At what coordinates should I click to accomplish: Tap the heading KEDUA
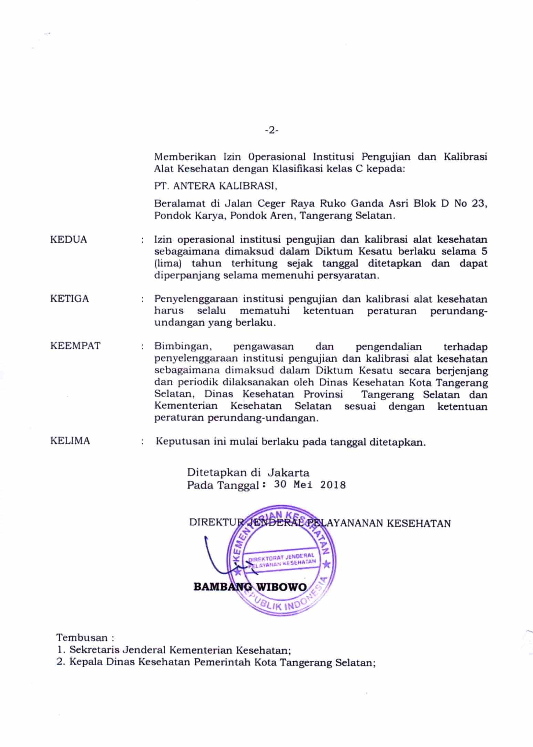(69, 240)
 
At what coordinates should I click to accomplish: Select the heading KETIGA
(70, 299)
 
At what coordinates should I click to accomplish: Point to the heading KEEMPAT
(75, 346)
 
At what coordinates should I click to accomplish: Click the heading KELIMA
(70, 441)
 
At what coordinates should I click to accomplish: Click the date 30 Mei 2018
(310, 485)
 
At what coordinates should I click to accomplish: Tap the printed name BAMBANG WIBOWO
(250, 587)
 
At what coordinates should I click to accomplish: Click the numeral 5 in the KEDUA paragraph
(484, 251)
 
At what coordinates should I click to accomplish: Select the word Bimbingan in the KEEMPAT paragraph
(182, 346)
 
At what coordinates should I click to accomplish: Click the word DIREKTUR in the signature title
(211, 523)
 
